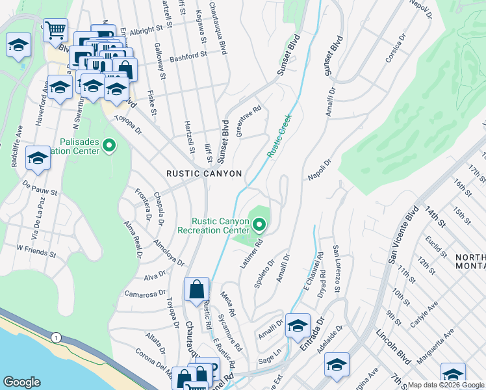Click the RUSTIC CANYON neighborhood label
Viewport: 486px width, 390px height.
click(204, 174)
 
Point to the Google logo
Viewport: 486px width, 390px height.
click(21, 382)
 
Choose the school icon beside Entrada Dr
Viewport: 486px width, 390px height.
click(298, 326)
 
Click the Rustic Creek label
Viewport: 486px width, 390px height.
click(280, 135)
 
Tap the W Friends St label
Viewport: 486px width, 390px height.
click(38, 250)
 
